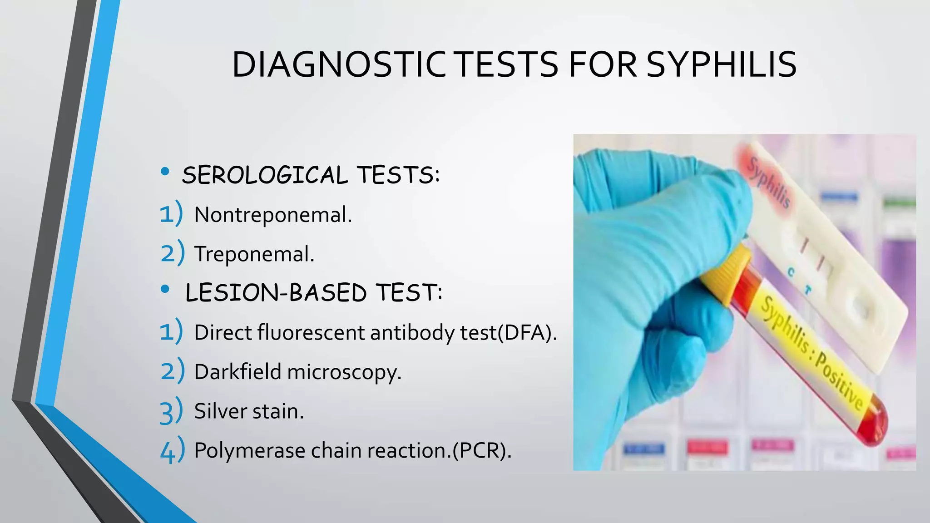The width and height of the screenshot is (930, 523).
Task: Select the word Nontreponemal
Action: pos(272,215)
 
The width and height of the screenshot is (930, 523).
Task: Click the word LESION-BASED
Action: pos(276,292)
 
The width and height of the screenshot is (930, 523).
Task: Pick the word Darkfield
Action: pos(237,372)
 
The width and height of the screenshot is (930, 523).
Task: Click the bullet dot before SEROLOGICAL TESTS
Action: pos(165,172)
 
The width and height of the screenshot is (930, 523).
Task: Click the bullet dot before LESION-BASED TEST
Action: pos(165,289)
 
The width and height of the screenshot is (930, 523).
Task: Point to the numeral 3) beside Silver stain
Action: pos(171,411)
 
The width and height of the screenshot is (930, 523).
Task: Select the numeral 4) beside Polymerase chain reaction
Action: pos(172,450)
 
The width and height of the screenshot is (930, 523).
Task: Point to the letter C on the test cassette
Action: pos(791,272)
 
